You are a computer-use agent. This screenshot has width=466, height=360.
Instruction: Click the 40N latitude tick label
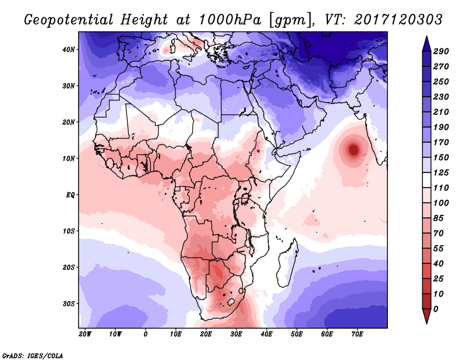[69, 50]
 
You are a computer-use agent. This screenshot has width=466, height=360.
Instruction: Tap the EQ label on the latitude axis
[69, 195]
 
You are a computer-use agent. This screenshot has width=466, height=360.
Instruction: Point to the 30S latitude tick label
[69, 303]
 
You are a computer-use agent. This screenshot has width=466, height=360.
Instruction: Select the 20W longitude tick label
[85, 334]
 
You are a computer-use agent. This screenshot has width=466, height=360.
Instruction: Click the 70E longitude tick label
[357, 334]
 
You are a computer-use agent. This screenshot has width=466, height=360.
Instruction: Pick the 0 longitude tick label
[146, 334]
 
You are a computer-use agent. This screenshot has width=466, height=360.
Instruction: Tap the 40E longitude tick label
[266, 334]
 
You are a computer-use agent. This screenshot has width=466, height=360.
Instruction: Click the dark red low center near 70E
[354, 150]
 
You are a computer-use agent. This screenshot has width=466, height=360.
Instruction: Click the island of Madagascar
[289, 253]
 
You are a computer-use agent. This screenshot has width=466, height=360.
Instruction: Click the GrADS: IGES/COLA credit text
[33, 355]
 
